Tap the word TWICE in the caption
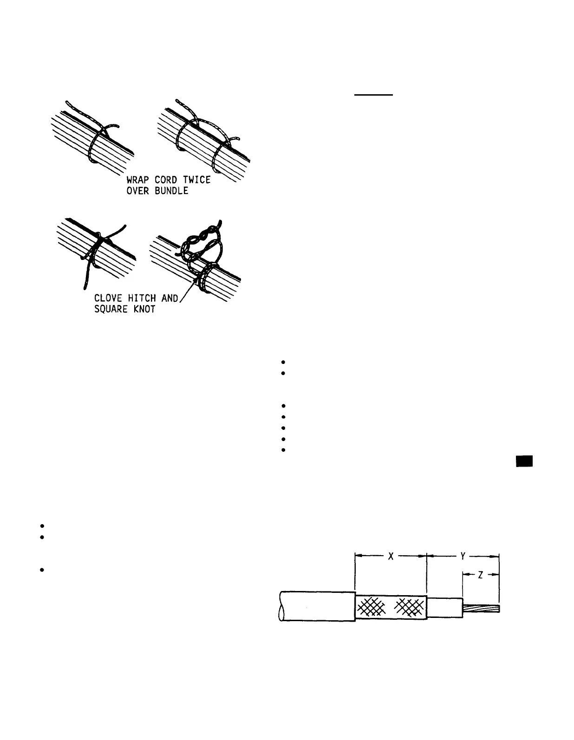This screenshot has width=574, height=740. point(195,180)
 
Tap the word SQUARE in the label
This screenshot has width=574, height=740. point(111,309)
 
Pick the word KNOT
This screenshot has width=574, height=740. point(144,309)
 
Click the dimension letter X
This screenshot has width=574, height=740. point(391,557)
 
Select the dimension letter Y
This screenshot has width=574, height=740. point(463,556)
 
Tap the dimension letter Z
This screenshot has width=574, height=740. point(480,575)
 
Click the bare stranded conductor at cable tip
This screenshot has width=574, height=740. point(481,608)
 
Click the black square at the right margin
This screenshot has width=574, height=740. point(524,461)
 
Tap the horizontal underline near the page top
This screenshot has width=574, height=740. point(374,95)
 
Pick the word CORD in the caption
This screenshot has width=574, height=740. point(166,180)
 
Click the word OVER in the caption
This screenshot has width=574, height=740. point(138,191)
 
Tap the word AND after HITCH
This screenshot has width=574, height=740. point(170,298)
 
